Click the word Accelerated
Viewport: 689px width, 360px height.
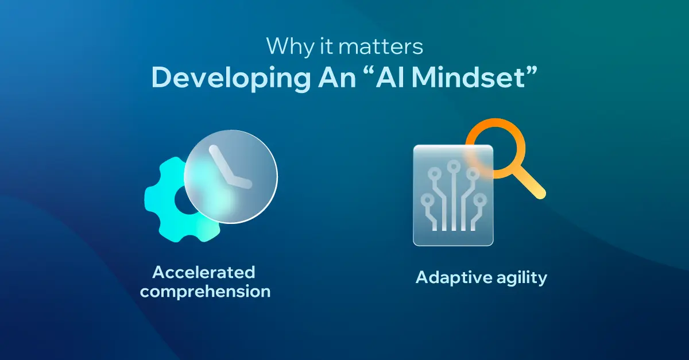pos(204,271)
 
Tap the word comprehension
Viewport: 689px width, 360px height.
pos(205,291)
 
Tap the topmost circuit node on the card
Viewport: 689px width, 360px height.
pos(453,167)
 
